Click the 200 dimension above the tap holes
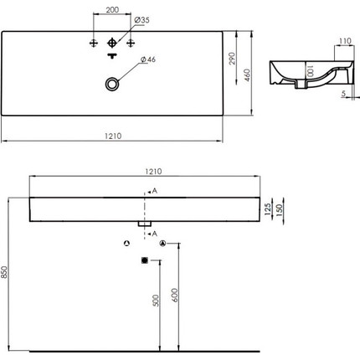pyautogui.click(x=112, y=9)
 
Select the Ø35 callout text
pyautogui.click(x=141, y=20)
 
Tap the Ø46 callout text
pyautogui.click(x=148, y=59)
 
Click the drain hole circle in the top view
pyautogui.click(x=112, y=84)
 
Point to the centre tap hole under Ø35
pyautogui.click(x=112, y=43)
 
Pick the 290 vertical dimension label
pyautogui.click(x=232, y=59)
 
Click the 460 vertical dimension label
pyautogui.click(x=248, y=75)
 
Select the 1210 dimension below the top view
pyautogui.click(x=113, y=136)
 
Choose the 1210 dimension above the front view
pyautogui.click(x=153, y=171)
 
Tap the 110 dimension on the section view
pyautogui.click(x=345, y=41)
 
